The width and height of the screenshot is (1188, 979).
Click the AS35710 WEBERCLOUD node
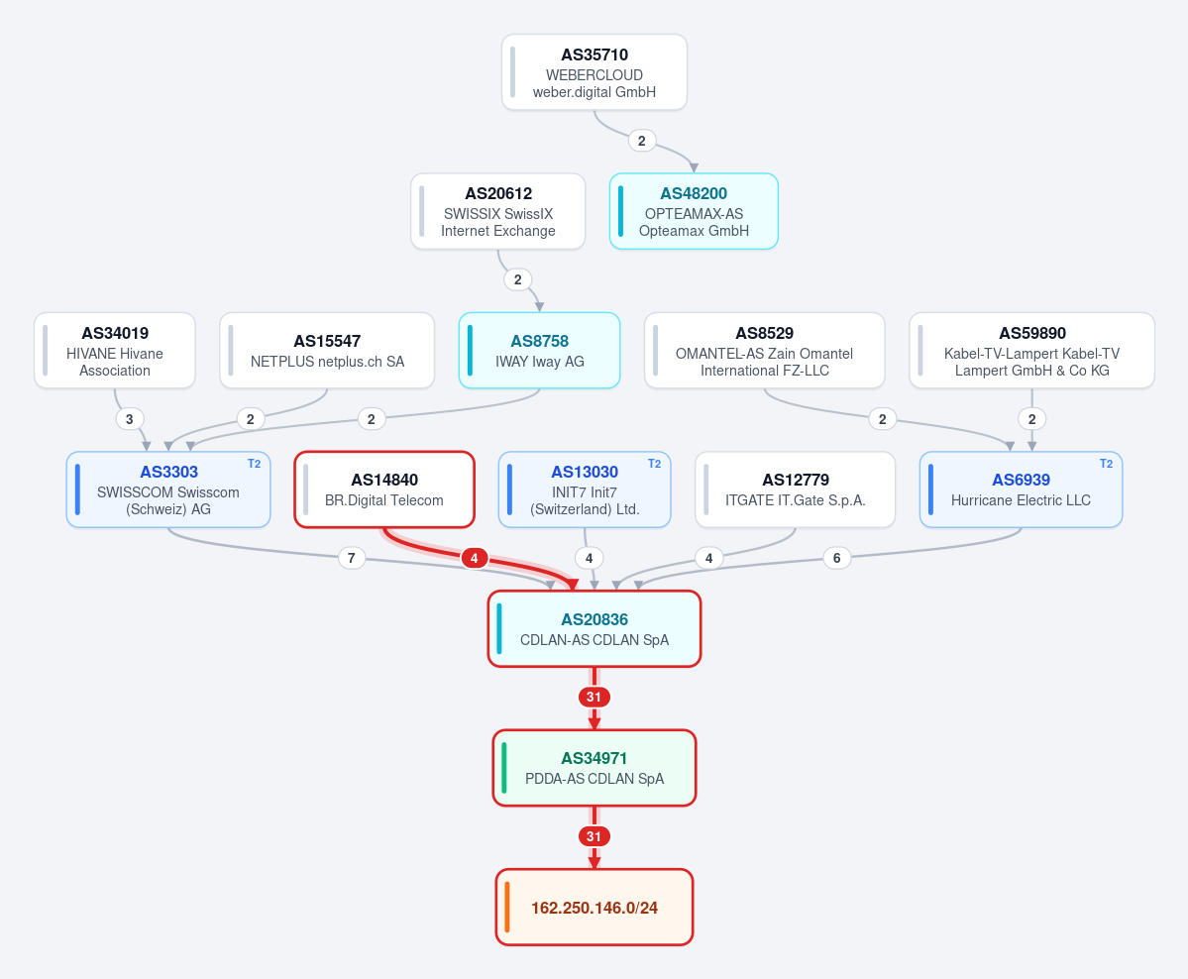coord(594,72)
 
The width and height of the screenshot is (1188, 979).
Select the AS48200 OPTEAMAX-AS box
coord(694,211)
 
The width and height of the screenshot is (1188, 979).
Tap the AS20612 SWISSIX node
coord(497,211)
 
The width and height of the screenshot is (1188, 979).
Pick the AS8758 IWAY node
coord(539,350)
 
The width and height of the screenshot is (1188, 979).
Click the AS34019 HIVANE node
coord(114,350)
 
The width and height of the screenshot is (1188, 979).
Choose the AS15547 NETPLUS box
coord(327,350)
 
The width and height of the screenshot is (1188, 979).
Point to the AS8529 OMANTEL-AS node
coord(765,350)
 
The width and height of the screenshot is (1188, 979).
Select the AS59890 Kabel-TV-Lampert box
coord(1031,350)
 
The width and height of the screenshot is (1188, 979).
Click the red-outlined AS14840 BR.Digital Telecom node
coord(384,489)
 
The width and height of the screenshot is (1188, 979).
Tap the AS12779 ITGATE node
coord(795,489)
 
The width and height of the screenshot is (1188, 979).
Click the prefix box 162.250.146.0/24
coord(594,907)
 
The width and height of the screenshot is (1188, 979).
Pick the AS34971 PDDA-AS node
coord(594,768)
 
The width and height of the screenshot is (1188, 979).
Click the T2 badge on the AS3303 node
coord(254,464)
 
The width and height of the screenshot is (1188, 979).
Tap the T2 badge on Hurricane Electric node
coord(1106,464)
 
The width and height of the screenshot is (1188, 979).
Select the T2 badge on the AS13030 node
coord(655,464)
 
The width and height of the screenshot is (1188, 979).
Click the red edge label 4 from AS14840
coord(475,559)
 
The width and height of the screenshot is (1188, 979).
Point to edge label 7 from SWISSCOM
coord(351,559)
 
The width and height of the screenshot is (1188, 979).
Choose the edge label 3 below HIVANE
coord(130,419)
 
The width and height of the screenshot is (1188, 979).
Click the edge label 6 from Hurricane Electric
coord(836,559)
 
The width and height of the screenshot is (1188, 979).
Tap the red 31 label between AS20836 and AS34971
coord(594,698)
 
